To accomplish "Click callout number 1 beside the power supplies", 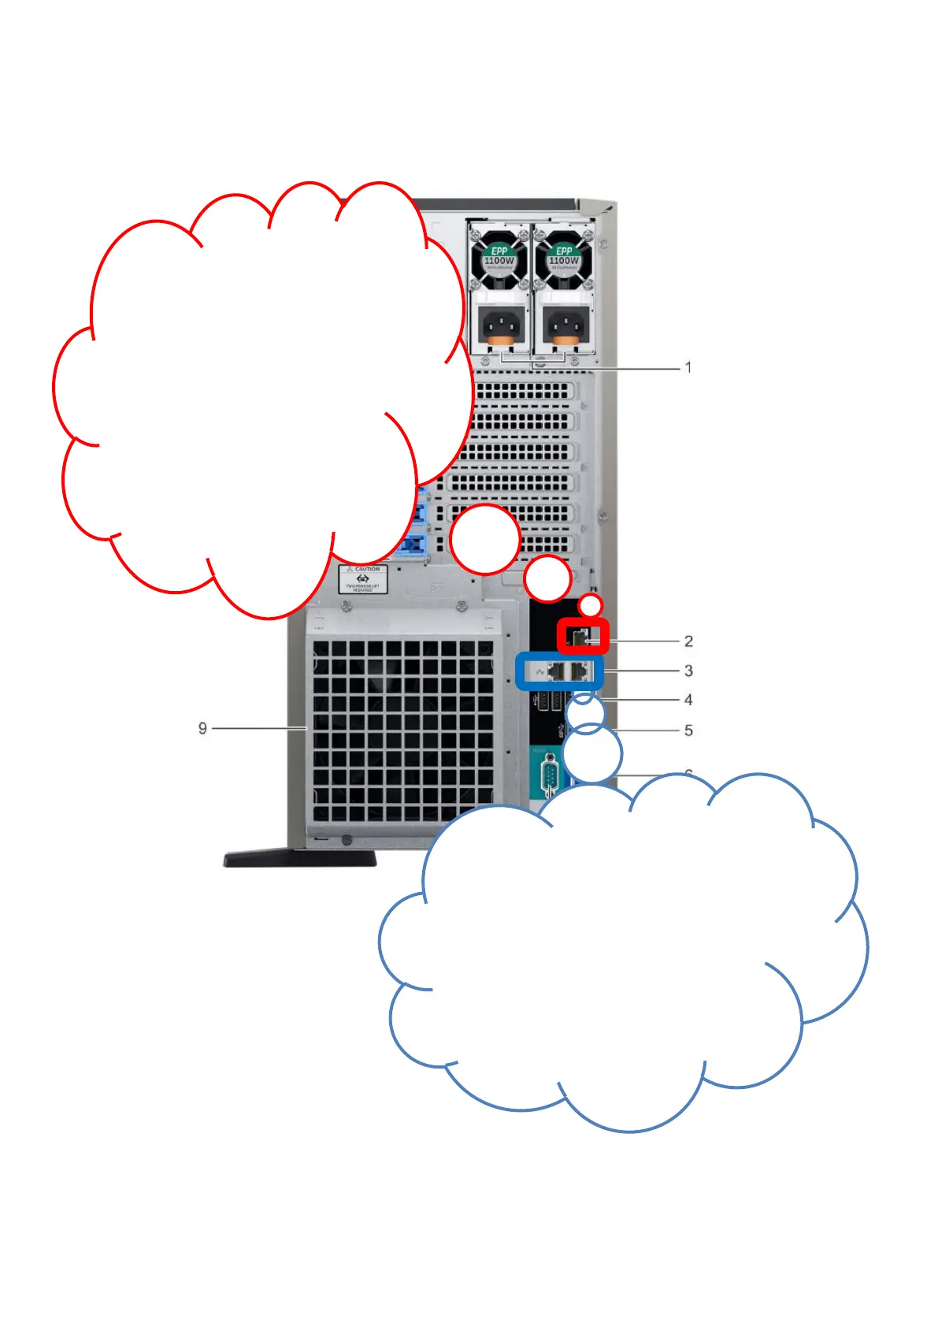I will coord(688,367).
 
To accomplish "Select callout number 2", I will coord(688,641).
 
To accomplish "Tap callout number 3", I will coord(688,671).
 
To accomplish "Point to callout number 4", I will coord(688,700).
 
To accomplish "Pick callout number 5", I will coord(688,730).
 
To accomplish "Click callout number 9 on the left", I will coord(202,728).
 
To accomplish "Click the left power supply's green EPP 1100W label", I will coord(499,256).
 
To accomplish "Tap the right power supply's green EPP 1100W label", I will coord(564,256).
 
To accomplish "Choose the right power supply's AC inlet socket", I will coord(565,323).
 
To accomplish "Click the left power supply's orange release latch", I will coord(499,342).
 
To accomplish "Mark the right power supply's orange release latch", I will coord(565,342).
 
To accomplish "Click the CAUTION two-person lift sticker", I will coord(363,579).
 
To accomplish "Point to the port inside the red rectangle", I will coord(583,637).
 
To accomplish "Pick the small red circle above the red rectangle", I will coord(591,605).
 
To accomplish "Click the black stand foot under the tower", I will coord(299,858).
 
